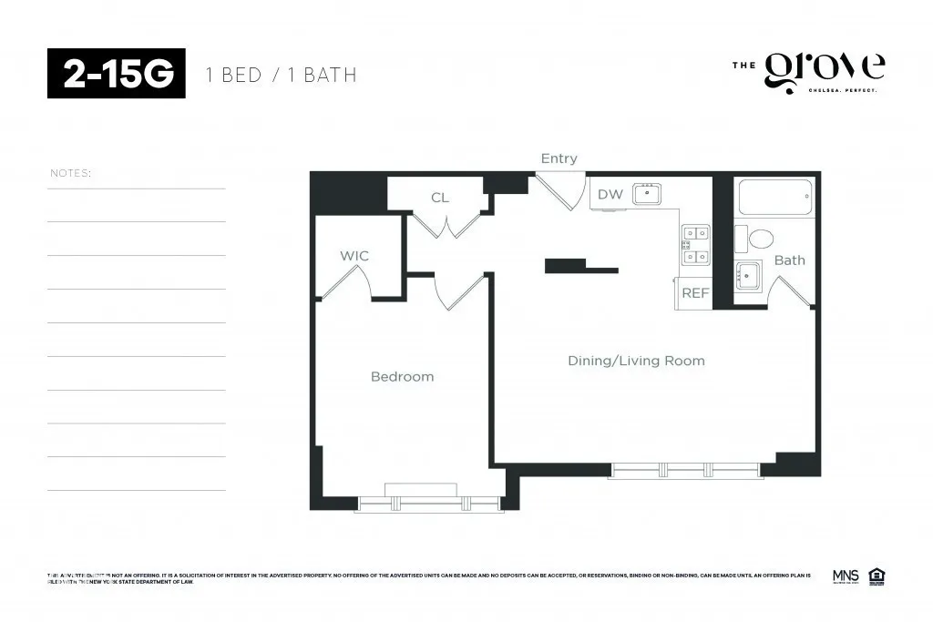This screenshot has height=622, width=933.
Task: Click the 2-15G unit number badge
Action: pos(117,74)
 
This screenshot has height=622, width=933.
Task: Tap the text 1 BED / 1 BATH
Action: pos(282,75)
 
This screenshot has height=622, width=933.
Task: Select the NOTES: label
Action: pos(70,173)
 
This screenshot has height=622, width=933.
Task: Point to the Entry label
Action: pos(559,158)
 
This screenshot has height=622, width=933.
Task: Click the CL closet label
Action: pos(440,198)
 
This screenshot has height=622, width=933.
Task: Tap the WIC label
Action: pos(354,256)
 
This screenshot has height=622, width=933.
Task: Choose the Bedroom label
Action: pos(402,376)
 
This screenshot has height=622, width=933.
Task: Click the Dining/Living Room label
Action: pos(636,361)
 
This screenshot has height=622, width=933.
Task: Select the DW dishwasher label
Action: pos(610,194)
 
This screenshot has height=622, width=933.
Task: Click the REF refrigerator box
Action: pos(694,293)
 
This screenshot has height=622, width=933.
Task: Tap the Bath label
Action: pos(789,260)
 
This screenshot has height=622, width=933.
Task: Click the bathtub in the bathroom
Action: pos(774,198)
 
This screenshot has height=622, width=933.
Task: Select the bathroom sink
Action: pos(749,274)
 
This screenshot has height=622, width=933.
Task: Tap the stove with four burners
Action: pos(695,244)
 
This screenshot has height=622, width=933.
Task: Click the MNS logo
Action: pos(846,576)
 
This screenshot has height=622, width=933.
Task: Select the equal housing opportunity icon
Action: pos(876,576)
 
